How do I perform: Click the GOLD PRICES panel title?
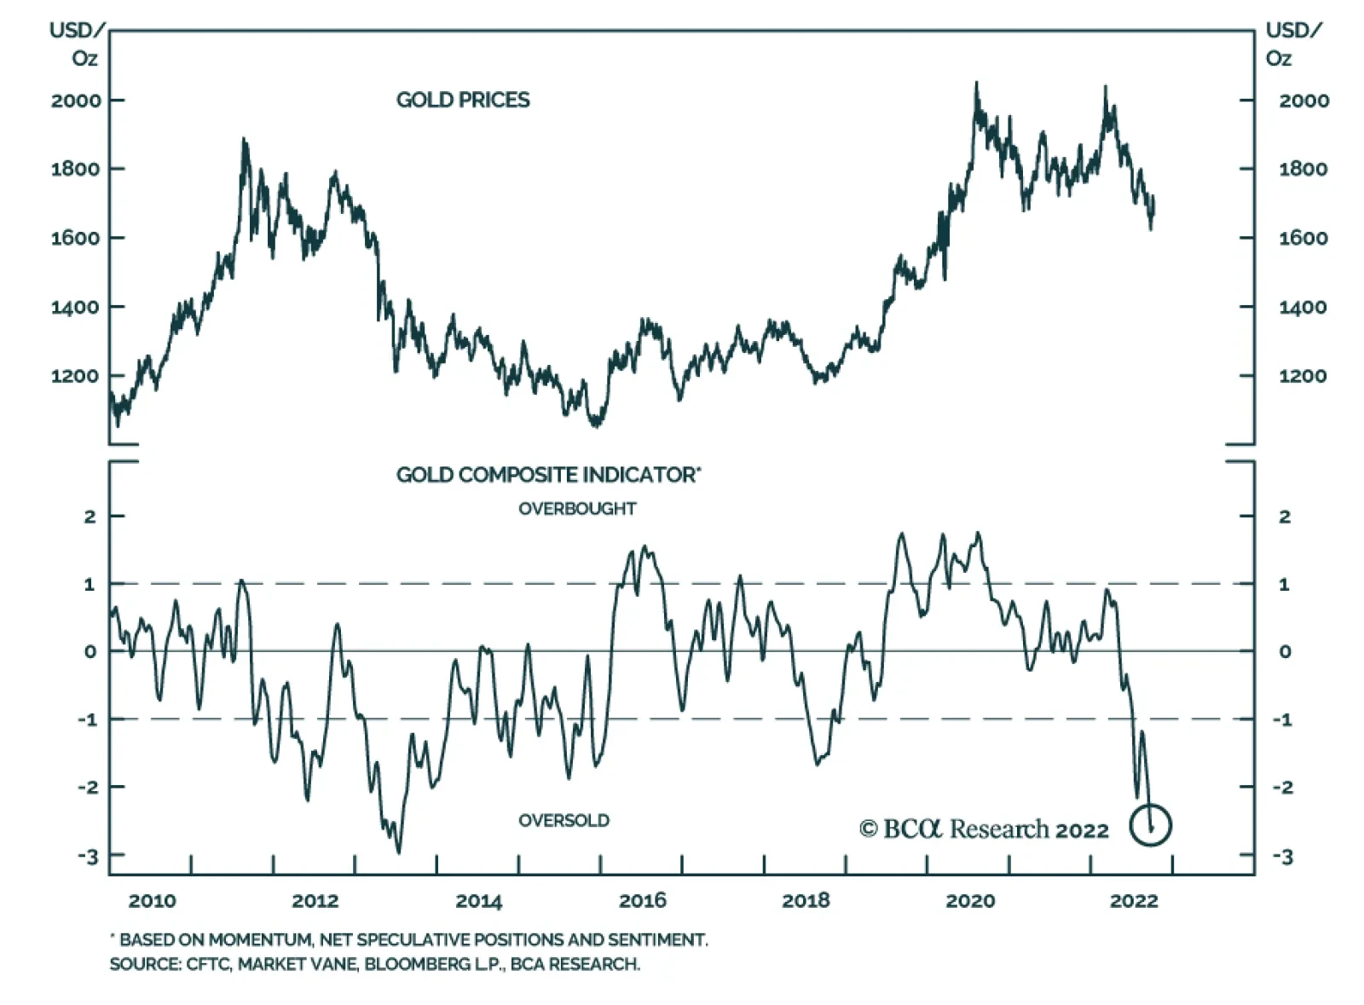point(462,100)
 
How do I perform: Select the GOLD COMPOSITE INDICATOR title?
point(547,475)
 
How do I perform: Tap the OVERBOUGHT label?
point(577,509)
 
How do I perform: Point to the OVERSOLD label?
point(564,821)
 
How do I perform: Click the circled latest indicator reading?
point(1151,825)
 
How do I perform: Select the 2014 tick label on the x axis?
point(479,901)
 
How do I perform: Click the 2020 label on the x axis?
point(970,901)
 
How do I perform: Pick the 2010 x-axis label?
point(152,901)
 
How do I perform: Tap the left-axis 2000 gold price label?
point(76,101)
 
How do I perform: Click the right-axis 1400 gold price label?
point(1303,307)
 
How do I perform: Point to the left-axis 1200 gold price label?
point(76,376)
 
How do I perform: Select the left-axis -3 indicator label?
point(89,856)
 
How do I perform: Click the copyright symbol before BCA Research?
point(868,829)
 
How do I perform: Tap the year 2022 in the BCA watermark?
point(1082,830)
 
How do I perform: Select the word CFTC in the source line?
point(207,964)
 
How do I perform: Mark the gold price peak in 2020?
point(976,84)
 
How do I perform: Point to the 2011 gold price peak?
point(244,139)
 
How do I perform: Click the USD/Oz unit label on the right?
point(1292,44)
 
